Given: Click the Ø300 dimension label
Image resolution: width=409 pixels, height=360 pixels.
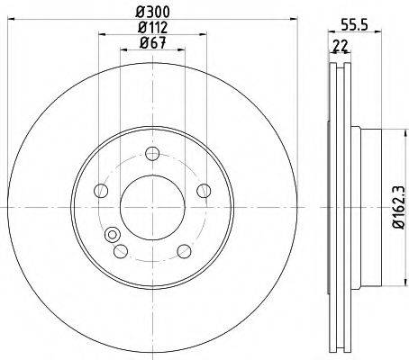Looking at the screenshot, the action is (152, 12).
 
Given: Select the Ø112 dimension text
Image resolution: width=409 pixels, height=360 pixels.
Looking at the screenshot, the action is (152, 28).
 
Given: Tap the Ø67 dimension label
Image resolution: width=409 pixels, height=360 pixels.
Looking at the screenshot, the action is (152, 43).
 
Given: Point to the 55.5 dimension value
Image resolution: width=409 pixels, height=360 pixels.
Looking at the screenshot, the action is (355, 25).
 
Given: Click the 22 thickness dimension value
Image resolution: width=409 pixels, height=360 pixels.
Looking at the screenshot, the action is (340, 46).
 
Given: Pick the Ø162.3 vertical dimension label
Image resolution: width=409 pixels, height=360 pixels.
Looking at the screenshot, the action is (400, 207).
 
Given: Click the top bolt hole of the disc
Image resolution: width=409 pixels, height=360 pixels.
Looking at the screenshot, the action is (152, 154).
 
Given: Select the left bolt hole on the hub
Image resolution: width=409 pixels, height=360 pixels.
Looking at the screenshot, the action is (101, 191).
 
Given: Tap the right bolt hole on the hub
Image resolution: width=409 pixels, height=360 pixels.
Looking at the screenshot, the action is (204, 191).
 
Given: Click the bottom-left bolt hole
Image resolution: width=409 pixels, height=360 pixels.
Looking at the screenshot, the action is (121, 251).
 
